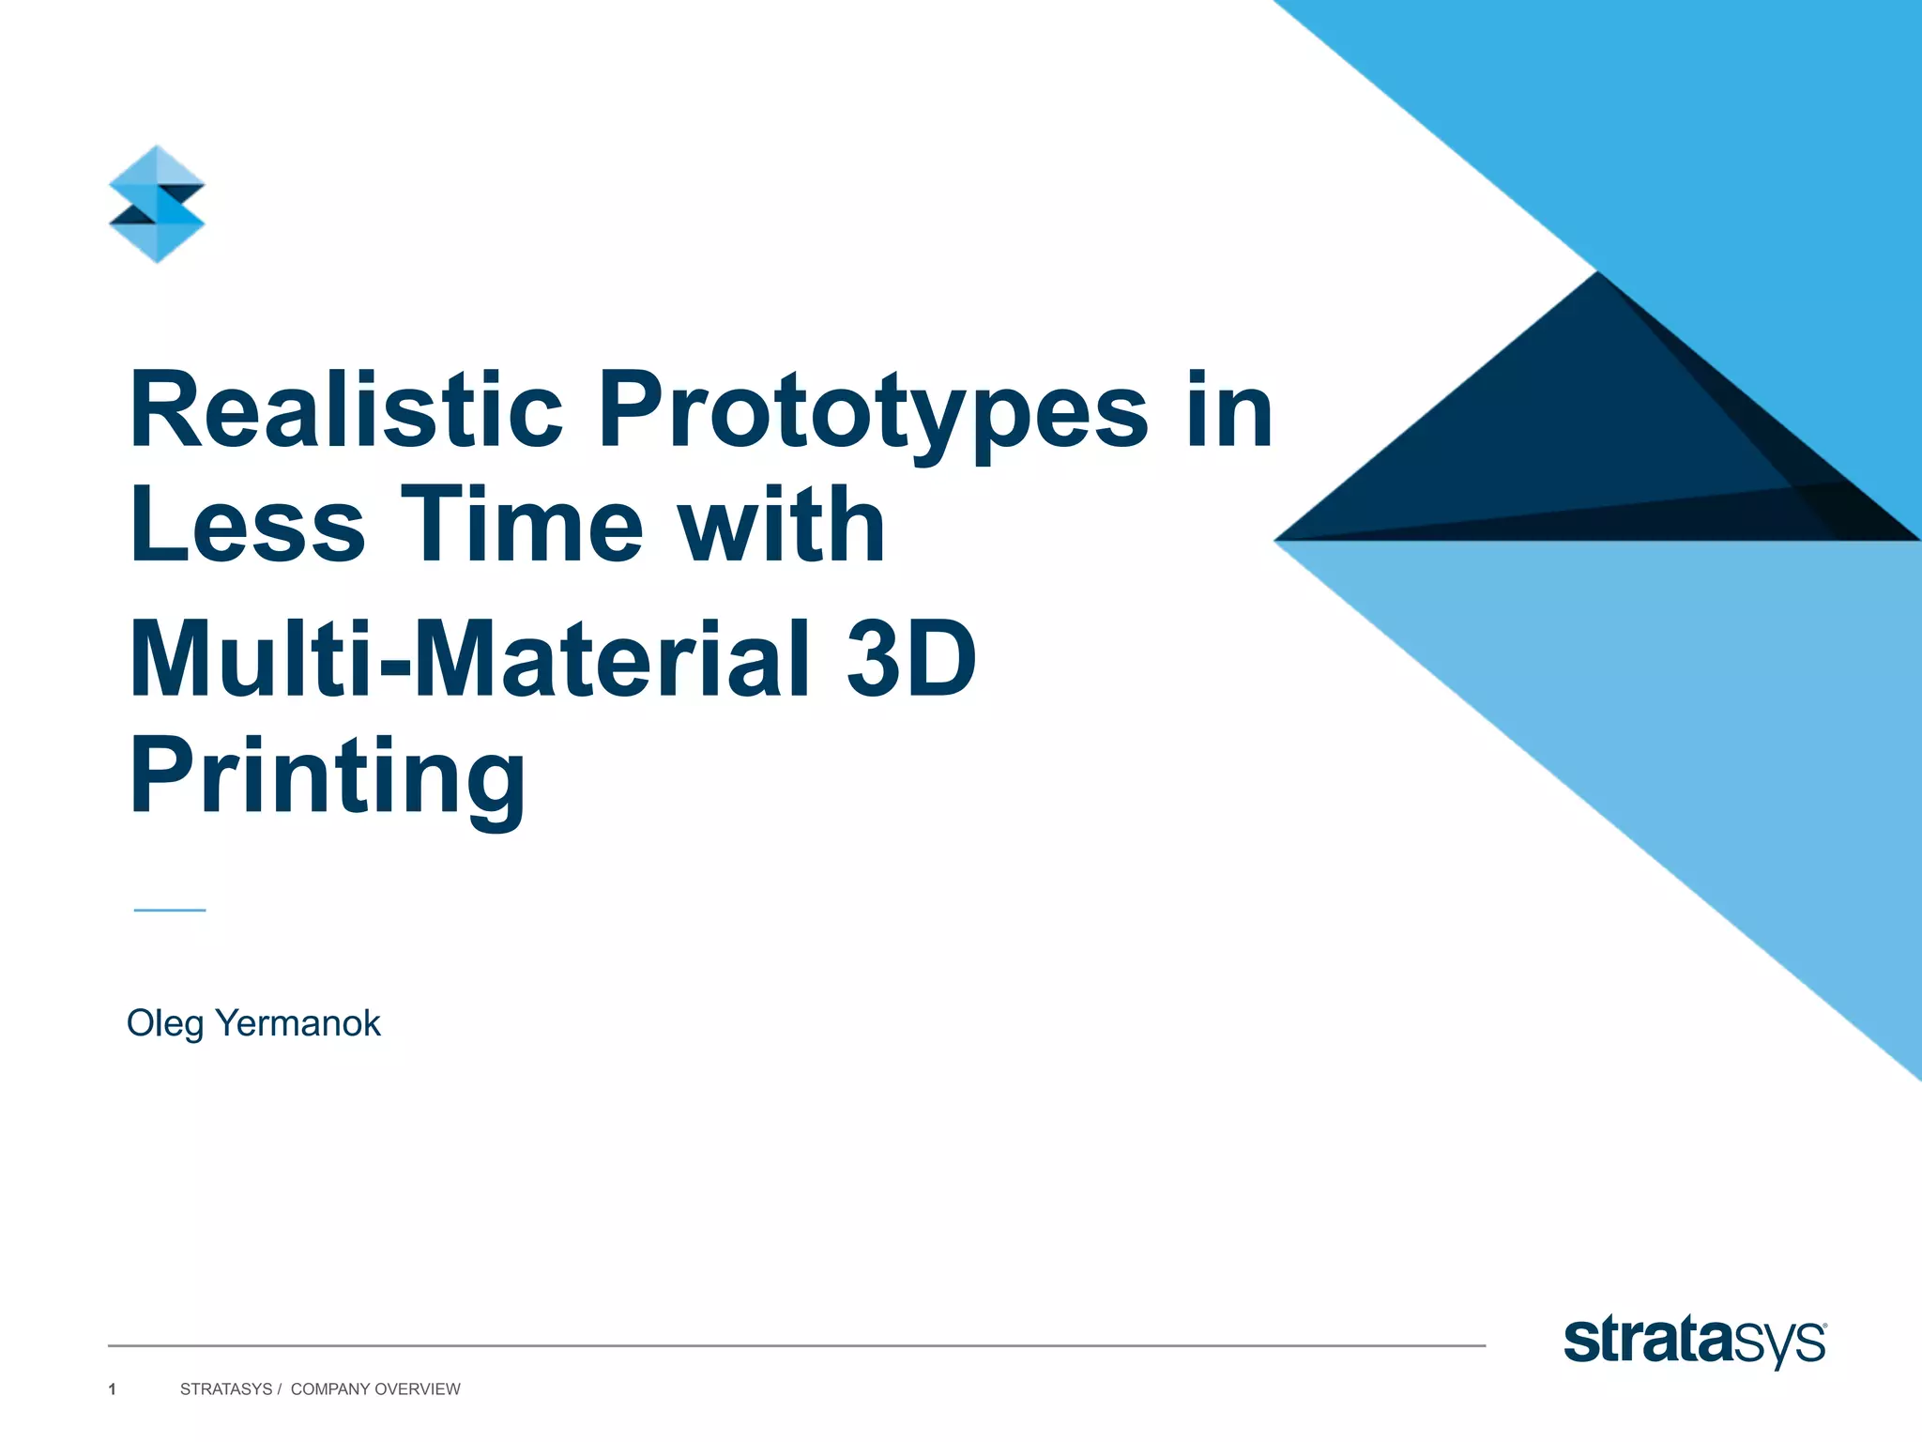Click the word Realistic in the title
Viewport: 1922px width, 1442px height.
point(345,410)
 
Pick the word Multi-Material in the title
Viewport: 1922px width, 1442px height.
point(469,660)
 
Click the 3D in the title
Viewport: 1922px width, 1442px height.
point(910,660)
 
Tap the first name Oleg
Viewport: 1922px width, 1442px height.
point(164,1024)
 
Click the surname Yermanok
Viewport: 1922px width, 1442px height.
point(297,1023)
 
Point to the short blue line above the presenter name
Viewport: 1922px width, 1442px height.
point(170,910)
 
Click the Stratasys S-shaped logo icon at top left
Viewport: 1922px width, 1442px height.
point(157,204)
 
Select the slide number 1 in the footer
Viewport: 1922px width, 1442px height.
point(113,1389)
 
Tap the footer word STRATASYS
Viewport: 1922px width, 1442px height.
point(225,1389)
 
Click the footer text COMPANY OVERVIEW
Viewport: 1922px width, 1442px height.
point(375,1389)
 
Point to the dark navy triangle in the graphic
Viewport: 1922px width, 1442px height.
point(1577,441)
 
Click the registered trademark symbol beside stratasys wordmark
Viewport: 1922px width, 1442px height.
point(1823,1326)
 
